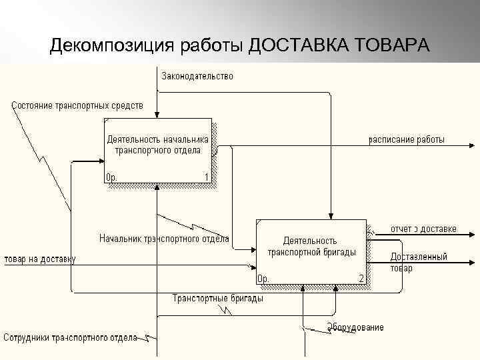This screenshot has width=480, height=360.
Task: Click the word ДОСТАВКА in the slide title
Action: (299, 46)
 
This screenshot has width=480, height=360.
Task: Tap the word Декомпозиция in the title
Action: (111, 46)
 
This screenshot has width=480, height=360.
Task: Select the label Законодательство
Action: (197, 76)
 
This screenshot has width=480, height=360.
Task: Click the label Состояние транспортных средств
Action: (77, 105)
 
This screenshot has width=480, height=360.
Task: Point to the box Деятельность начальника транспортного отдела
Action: (158, 152)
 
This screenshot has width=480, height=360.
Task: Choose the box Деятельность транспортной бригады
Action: (311, 251)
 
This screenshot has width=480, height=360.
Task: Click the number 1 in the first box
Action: (207, 177)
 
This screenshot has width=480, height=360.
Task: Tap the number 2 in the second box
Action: (361, 278)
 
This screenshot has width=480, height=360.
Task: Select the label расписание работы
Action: (407, 140)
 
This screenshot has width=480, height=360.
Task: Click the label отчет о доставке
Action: (423, 229)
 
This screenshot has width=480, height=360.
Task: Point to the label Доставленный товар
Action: (419, 262)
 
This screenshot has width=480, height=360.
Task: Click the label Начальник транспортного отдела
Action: (164, 238)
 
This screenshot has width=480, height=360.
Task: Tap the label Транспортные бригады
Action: (217, 298)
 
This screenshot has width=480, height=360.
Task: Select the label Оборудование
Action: (355, 327)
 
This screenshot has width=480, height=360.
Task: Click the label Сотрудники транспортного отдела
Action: (70, 337)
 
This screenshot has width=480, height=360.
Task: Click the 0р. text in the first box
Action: (113, 177)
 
